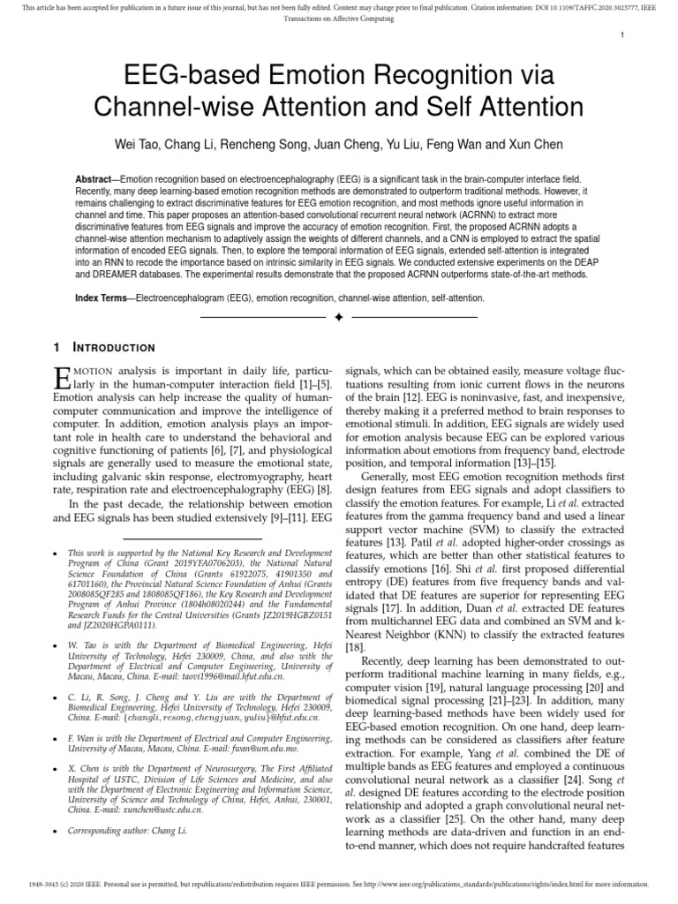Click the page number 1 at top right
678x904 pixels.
pos(622,35)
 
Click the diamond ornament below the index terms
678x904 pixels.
pos(339,317)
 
